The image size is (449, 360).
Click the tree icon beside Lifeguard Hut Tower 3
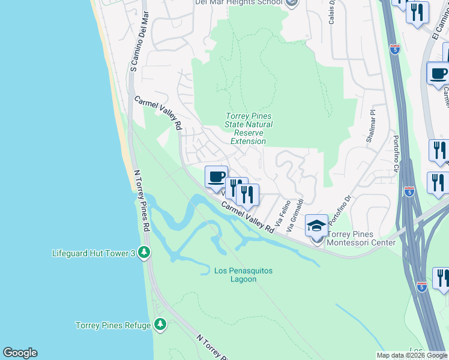point(143,253)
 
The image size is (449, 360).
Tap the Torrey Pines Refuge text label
point(113,326)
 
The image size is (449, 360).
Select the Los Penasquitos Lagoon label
point(244,275)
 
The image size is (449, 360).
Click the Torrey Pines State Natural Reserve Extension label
point(249,128)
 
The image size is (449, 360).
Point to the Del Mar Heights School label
point(238,2)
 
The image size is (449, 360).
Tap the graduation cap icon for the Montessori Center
point(316,226)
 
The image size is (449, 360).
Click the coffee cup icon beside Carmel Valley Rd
point(216,177)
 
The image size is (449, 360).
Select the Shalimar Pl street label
point(370,127)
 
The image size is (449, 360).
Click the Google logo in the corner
point(19,353)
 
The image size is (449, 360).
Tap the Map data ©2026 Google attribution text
point(412,355)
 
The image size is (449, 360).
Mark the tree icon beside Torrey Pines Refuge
point(160,325)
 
